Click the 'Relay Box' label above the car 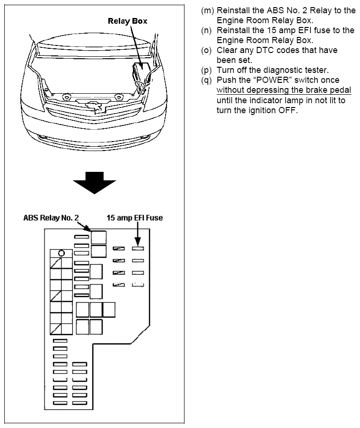[x=127, y=21]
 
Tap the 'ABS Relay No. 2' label [x=51, y=218]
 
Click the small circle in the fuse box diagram [x=61, y=253]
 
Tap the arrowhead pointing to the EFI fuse [x=137, y=241]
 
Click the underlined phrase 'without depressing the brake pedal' [x=284, y=90]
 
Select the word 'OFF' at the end [x=289, y=111]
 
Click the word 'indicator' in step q [x=263, y=100]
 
